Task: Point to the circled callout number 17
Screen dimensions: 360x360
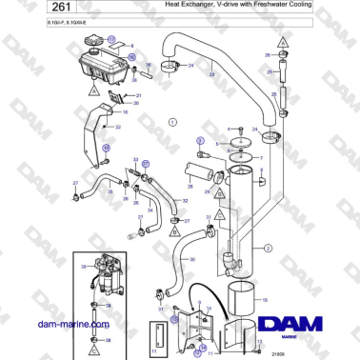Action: click(110, 40)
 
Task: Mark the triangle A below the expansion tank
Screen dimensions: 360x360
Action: click(94, 87)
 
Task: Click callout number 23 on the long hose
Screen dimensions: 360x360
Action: click(211, 73)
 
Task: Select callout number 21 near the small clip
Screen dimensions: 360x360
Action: click(138, 96)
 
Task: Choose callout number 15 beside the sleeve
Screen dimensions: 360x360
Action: click(266, 299)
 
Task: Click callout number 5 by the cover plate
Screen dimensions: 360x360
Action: click(217, 143)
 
